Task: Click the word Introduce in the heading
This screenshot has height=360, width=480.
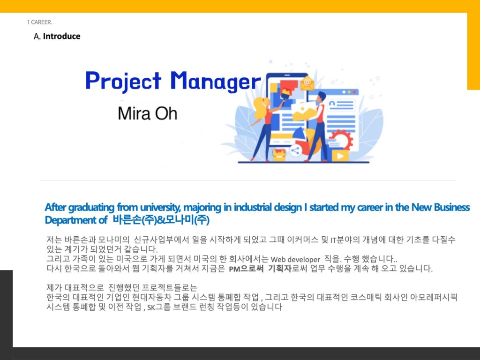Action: click(61, 36)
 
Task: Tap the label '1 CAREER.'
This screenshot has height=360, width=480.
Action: click(39, 22)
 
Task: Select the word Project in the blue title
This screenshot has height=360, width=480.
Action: click(123, 81)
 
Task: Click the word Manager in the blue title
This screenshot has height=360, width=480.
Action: click(216, 81)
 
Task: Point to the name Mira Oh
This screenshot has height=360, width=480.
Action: click(147, 113)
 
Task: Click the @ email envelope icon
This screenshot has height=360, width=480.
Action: click(307, 83)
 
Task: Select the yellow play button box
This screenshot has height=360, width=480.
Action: click(340, 156)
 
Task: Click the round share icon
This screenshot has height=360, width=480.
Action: click(295, 150)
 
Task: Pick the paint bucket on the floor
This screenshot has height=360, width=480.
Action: click(279, 155)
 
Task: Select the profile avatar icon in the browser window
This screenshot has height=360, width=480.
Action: click(332, 105)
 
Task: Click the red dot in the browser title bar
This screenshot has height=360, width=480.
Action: click(355, 92)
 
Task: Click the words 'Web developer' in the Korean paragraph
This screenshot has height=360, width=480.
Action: click(295, 260)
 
